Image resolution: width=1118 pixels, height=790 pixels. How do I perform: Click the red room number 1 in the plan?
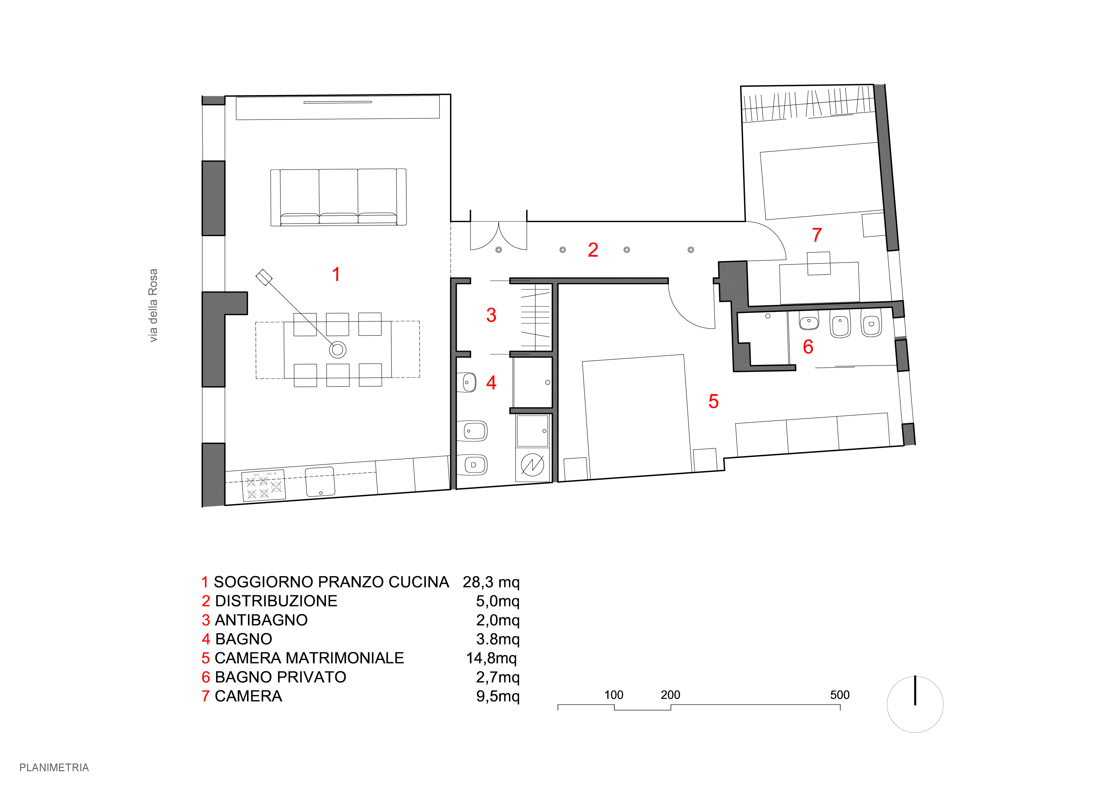[x=336, y=274]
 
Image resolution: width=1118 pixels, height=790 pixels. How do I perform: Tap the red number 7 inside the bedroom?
[x=817, y=235]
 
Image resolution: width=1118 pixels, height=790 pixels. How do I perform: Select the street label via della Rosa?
[x=153, y=305]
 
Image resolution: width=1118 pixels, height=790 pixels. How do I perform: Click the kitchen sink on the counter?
[x=320, y=482]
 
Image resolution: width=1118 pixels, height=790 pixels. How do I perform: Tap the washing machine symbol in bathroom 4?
[x=532, y=465]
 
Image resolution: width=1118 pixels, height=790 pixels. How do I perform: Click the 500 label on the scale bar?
[x=839, y=695]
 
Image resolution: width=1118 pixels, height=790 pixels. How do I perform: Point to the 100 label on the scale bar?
[x=613, y=695]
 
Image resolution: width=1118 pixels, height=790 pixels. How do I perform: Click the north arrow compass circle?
[x=915, y=704]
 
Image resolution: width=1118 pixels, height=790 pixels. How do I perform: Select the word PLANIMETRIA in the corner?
[x=54, y=768]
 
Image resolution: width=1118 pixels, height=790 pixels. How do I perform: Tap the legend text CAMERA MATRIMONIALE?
[x=309, y=658]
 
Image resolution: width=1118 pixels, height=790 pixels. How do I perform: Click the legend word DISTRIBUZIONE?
[x=276, y=601]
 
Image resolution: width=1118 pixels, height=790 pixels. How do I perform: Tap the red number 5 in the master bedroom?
[x=713, y=402]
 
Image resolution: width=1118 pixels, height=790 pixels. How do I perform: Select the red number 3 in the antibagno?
[x=491, y=315]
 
